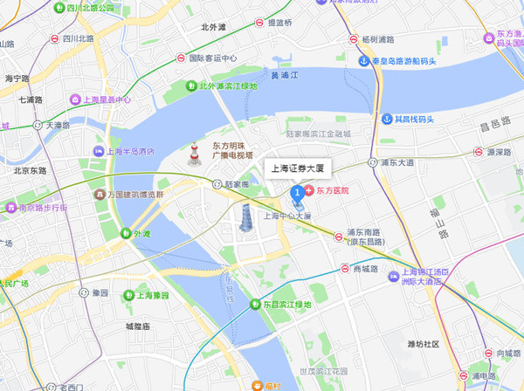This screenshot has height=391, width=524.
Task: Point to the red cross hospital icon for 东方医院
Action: click(x=309, y=190)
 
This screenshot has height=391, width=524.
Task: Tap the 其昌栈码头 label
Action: click(x=415, y=119)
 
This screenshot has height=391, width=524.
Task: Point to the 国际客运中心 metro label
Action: click(x=213, y=58)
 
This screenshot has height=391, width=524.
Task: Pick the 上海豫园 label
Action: click(x=156, y=295)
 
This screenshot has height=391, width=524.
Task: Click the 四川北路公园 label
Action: click(x=84, y=8)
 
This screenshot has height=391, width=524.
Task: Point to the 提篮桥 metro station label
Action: click(x=280, y=23)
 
